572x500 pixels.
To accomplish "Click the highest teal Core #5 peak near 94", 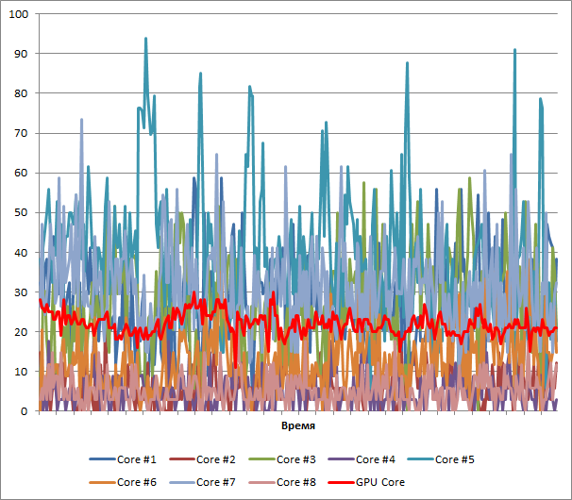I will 145,39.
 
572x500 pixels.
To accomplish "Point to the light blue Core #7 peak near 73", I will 81,120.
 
